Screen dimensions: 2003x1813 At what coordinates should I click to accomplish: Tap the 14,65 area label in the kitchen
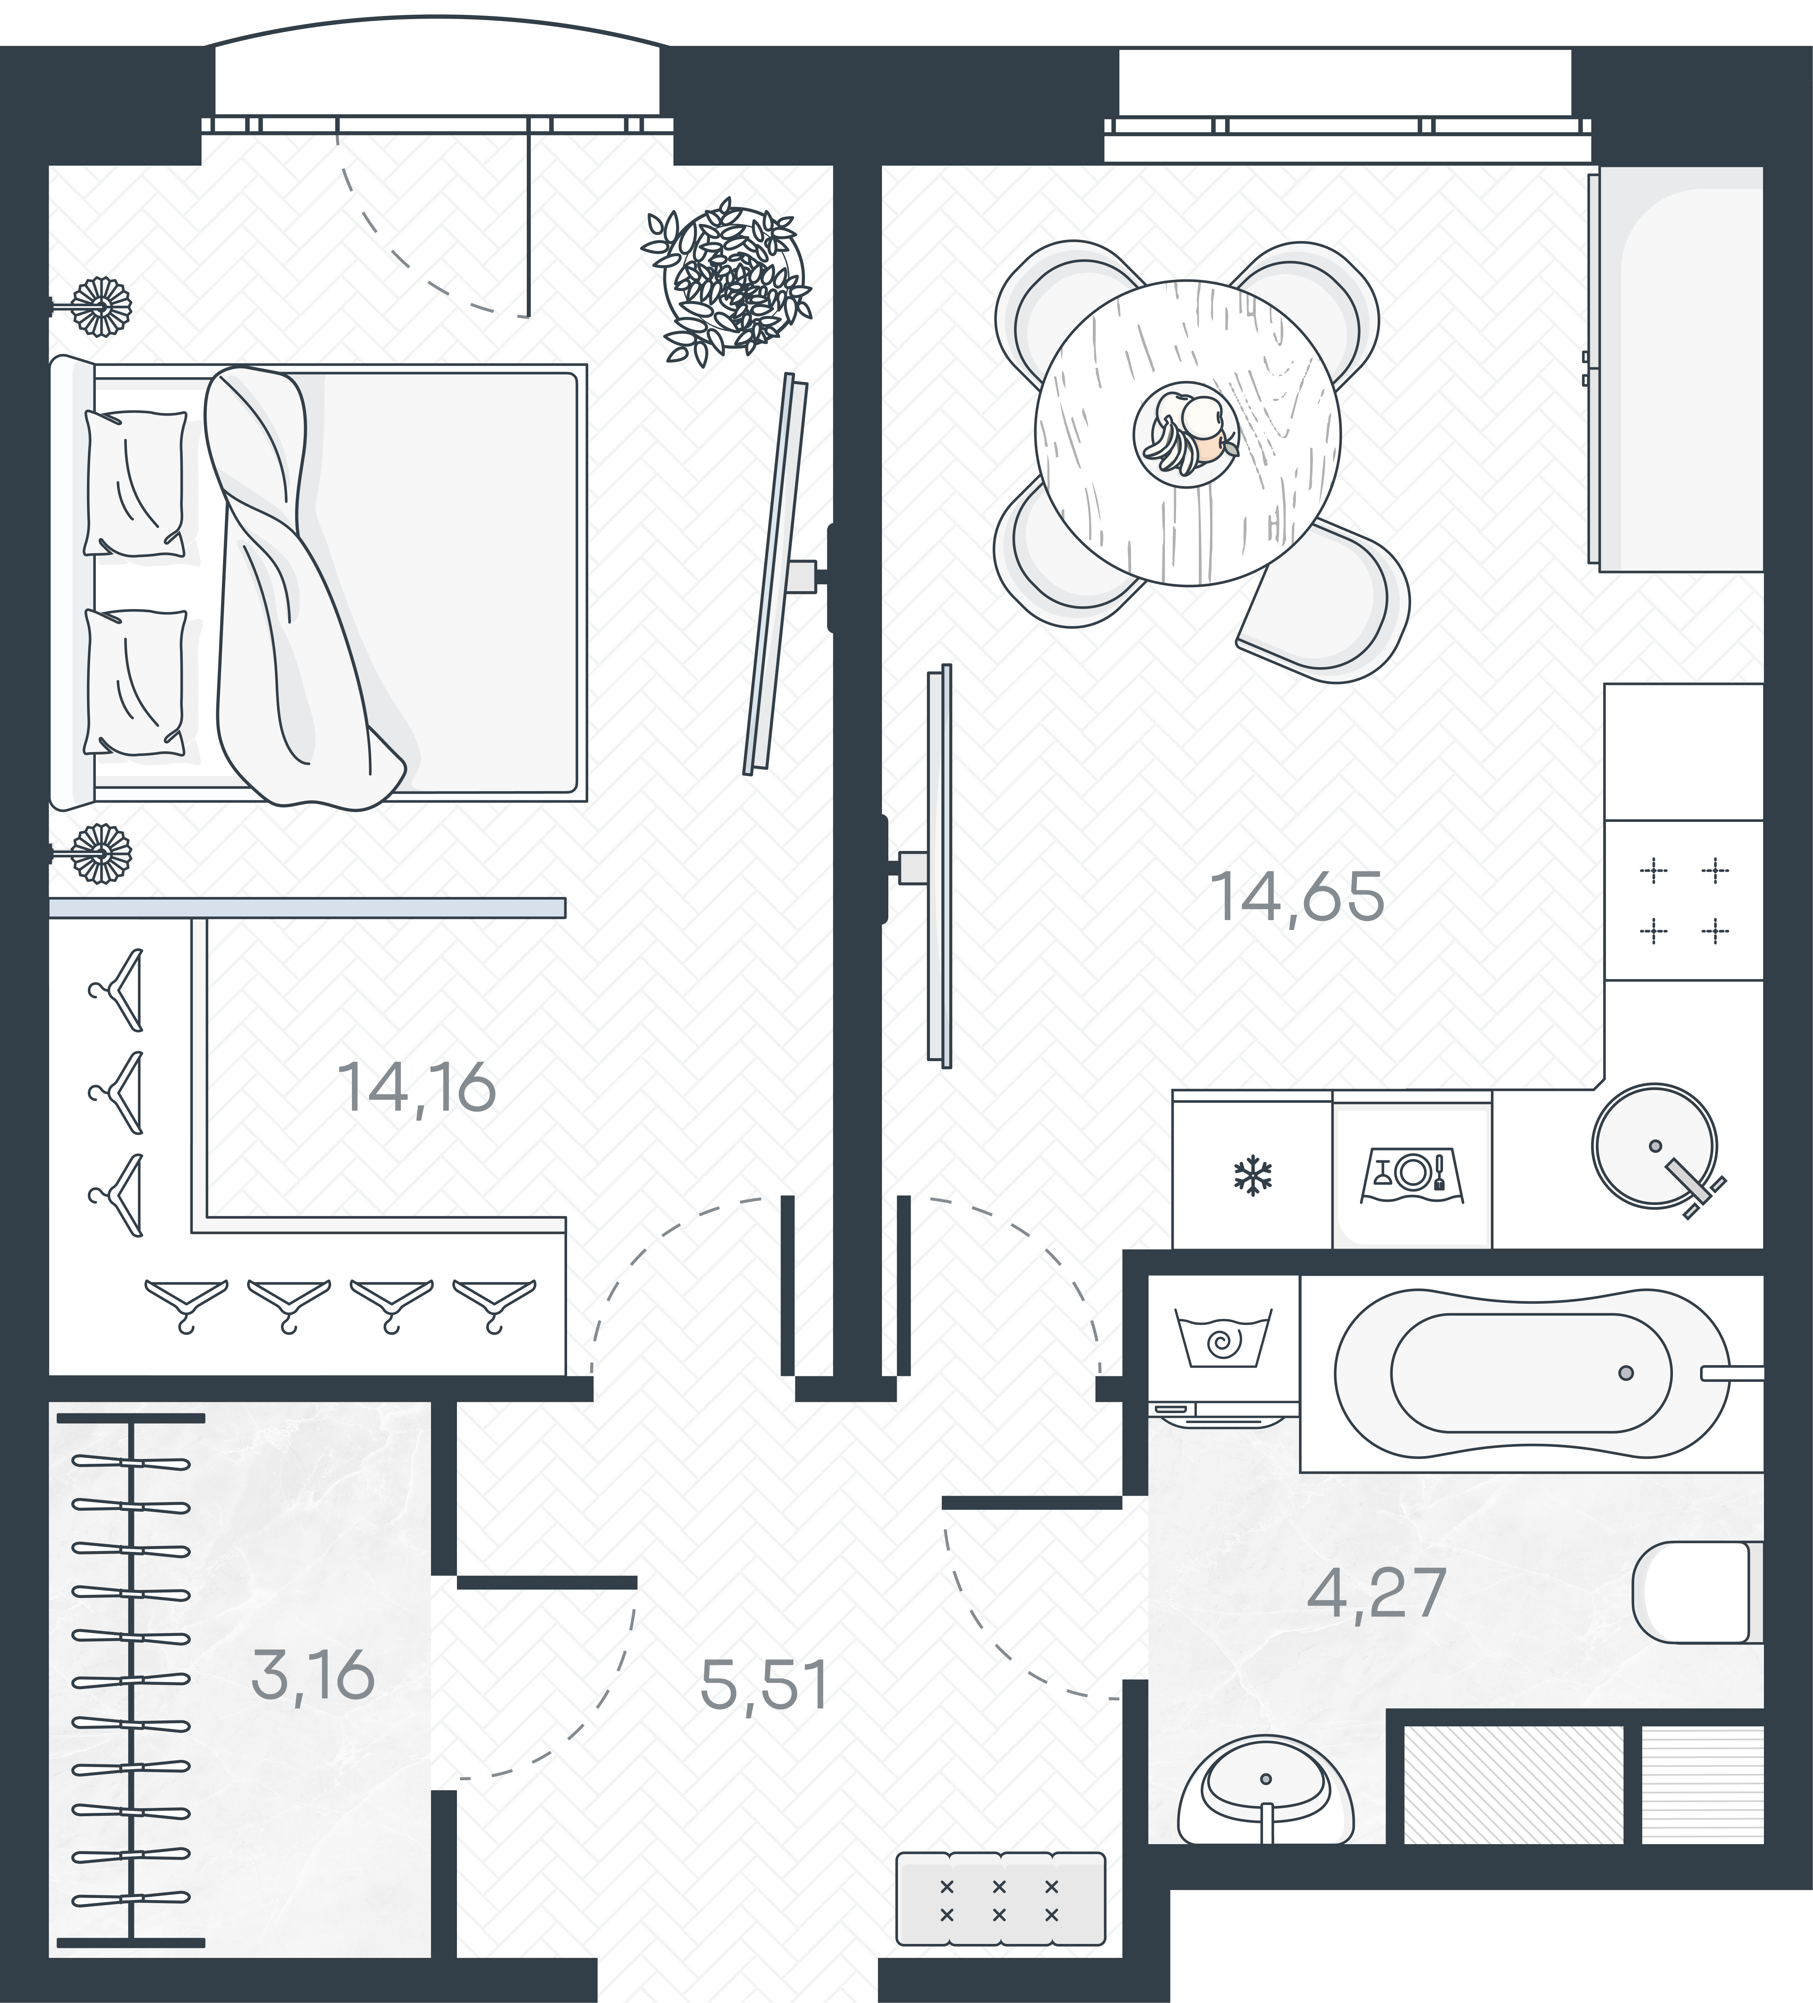click(x=1297, y=897)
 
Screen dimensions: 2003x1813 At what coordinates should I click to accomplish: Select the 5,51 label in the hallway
click(x=763, y=1686)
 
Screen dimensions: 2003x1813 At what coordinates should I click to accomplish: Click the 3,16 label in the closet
click(x=313, y=1674)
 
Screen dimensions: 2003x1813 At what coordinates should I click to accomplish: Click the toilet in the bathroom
click(x=1694, y=1592)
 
